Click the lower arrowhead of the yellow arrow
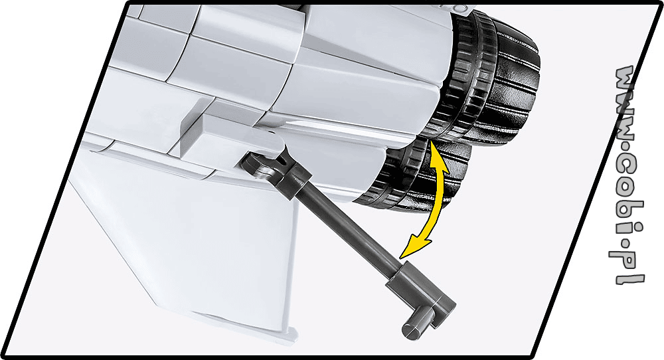pos(413,248)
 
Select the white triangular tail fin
pos(187,237)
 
